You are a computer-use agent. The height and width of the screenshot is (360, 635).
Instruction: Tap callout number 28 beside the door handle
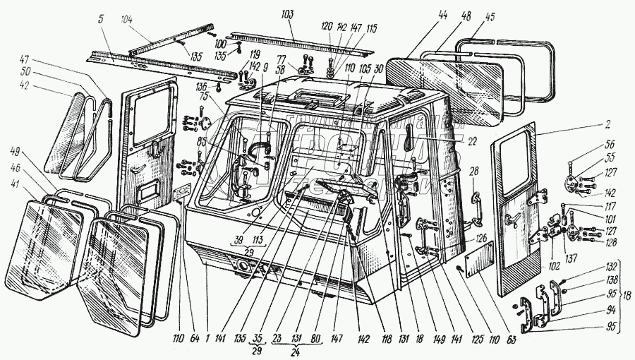pyautogui.click(x=474, y=171)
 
